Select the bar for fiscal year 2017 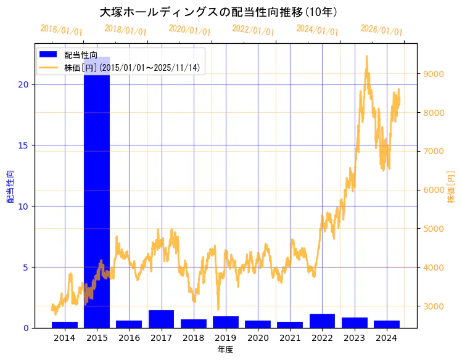161,319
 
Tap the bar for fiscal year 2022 322,321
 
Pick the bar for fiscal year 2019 226,322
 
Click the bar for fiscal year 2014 65,325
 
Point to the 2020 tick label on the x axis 258,338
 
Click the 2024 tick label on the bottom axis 387,338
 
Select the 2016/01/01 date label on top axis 61,30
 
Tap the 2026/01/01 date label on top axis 381,30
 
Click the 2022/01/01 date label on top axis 253,30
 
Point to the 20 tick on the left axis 24,84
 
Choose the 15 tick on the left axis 24,145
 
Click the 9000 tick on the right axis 433,74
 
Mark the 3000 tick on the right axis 433,306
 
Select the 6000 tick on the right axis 433,190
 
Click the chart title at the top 218,12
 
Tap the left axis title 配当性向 10,186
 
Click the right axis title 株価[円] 451,187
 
